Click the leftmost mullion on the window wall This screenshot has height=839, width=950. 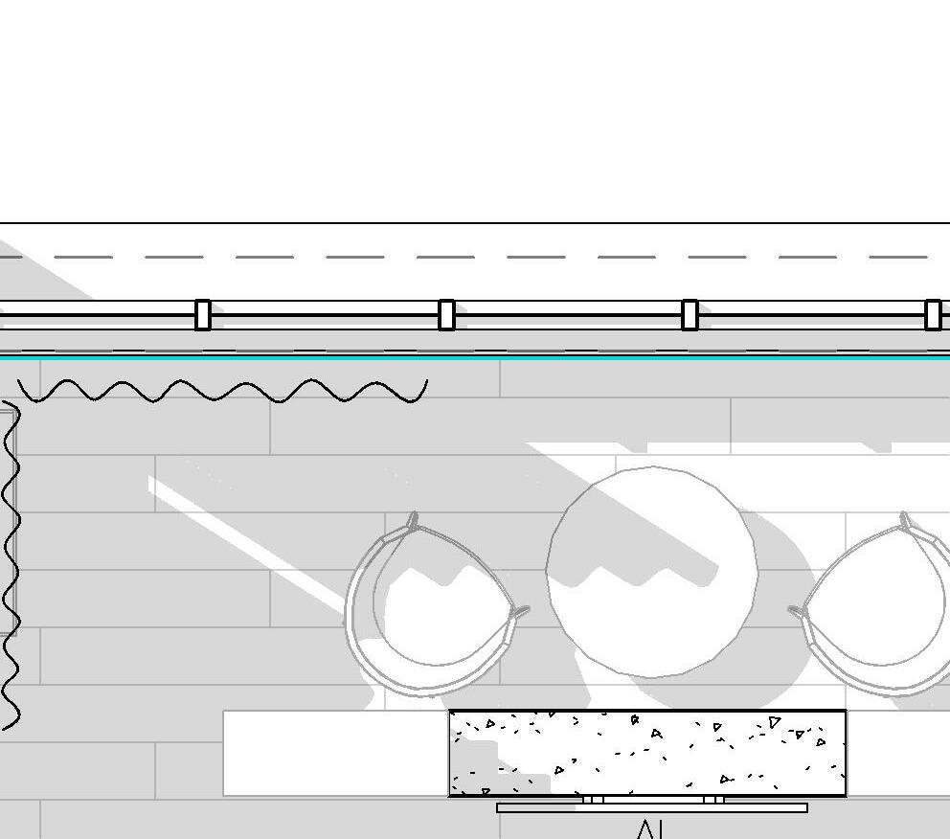pos(202,315)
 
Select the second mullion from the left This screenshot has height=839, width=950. pos(446,315)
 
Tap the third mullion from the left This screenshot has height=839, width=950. pos(690,315)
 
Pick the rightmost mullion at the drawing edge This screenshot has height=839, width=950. pos(933,315)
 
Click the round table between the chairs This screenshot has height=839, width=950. pos(651,572)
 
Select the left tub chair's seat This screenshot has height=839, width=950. pos(442,613)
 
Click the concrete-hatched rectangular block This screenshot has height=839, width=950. pos(647,753)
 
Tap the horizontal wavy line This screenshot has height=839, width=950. pos(222,391)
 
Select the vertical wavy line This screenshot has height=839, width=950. pos(11,565)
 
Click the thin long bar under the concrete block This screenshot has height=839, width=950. pos(651,807)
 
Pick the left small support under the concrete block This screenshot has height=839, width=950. pos(593,799)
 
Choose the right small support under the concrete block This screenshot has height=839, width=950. pos(713,799)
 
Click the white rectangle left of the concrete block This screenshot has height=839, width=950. pos(335,753)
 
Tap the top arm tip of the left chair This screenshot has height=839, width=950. pos(413,520)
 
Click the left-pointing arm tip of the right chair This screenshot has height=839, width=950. pos(795,609)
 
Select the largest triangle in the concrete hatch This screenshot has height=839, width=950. pos(774,722)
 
